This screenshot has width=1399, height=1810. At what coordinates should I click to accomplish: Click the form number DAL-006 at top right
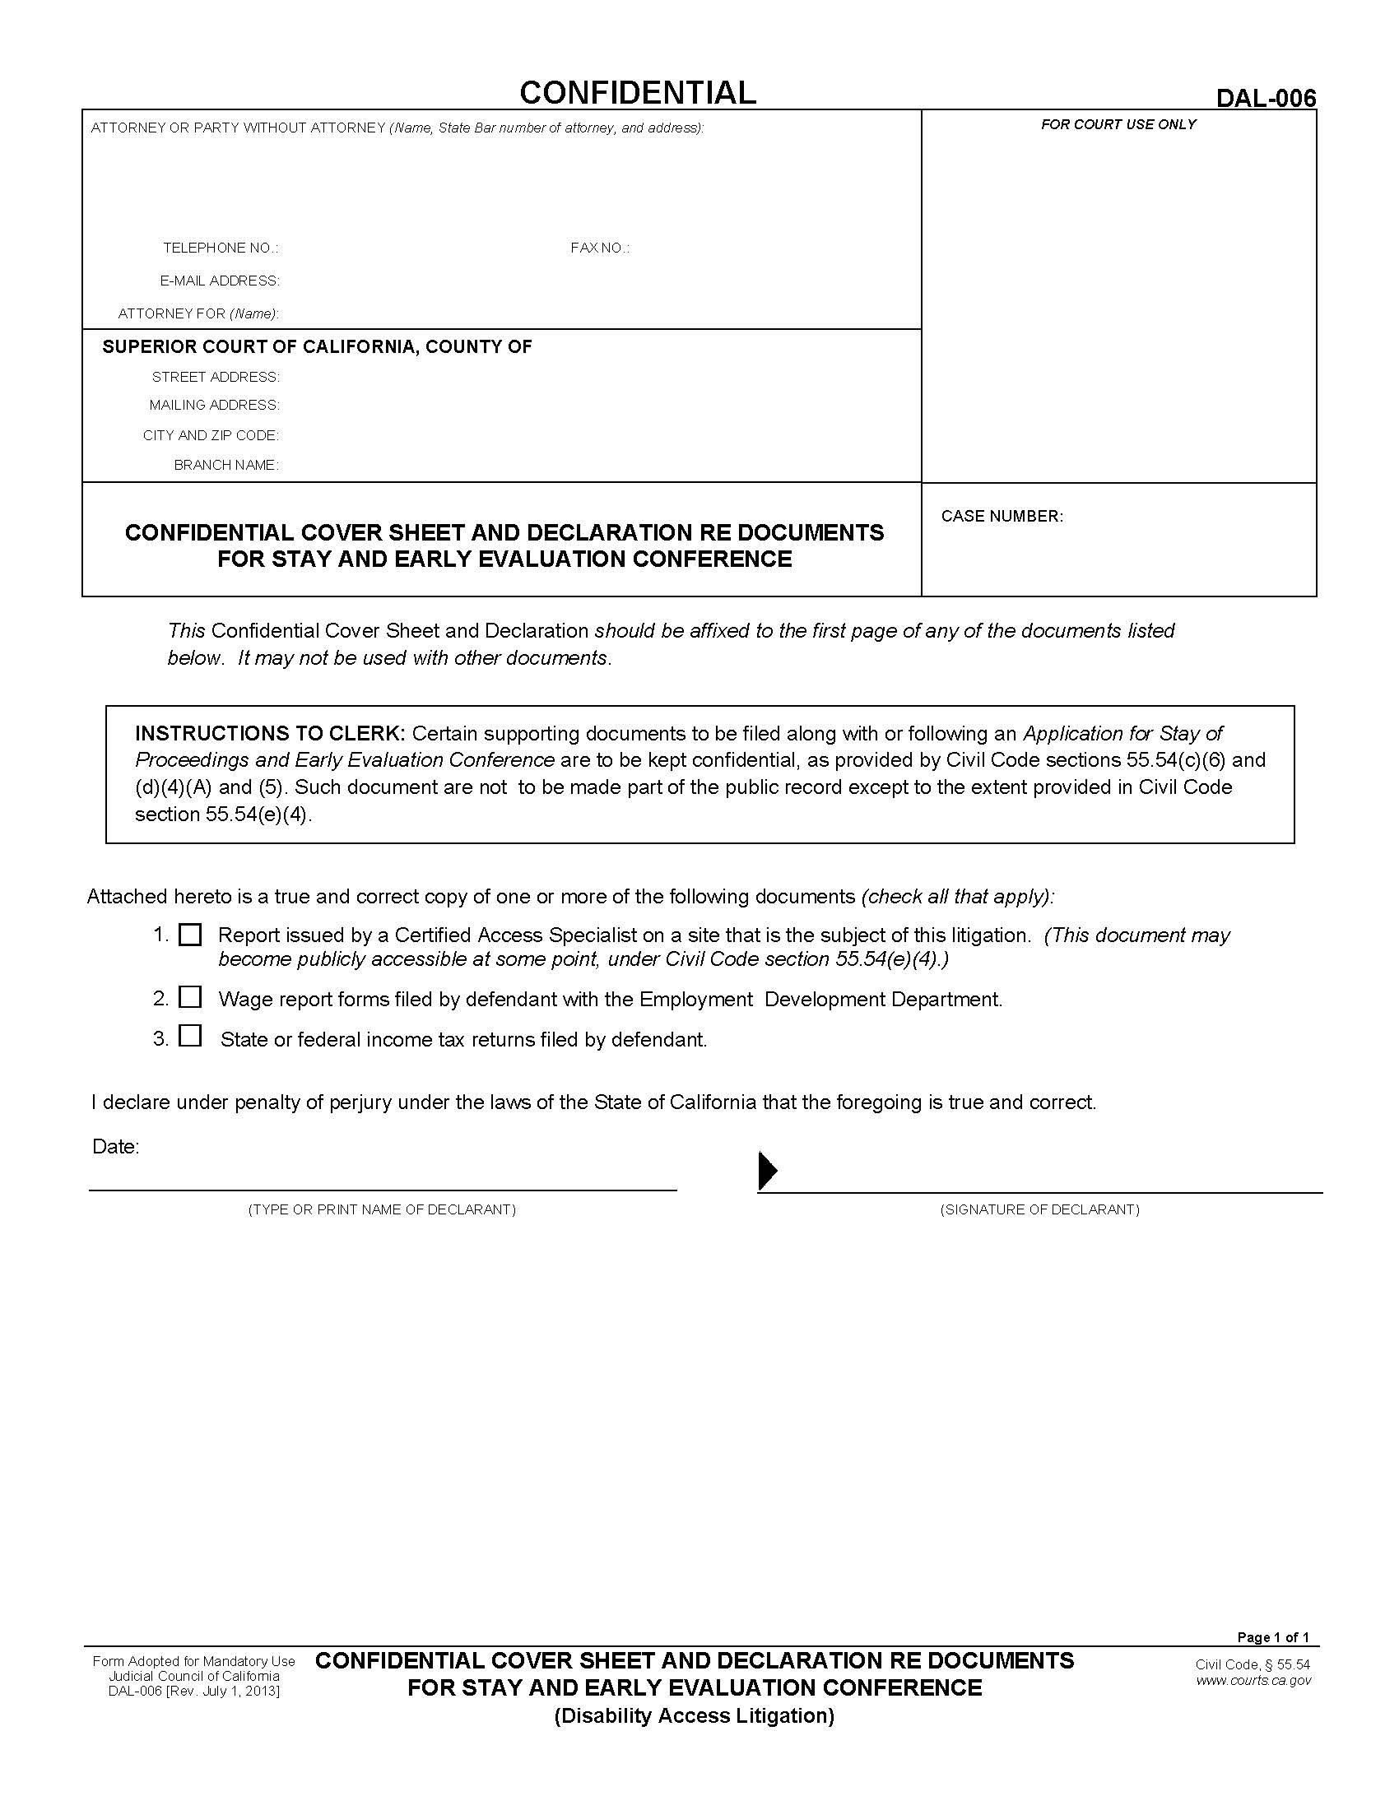(1265, 99)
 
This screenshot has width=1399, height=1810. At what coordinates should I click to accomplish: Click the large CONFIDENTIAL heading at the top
(637, 92)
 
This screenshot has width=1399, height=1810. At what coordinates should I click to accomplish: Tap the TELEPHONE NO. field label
(221, 248)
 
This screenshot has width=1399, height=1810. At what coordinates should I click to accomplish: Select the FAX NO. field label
(599, 248)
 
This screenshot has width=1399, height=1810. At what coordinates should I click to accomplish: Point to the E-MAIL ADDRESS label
(220, 281)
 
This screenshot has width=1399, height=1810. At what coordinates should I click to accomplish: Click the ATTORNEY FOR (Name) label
(198, 313)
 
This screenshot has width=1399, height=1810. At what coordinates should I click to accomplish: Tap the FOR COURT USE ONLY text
(1118, 124)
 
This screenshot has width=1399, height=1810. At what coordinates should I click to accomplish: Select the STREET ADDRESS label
(216, 377)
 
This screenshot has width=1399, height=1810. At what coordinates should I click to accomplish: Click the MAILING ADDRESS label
(214, 406)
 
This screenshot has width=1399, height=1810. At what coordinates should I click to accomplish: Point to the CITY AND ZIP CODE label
(211, 435)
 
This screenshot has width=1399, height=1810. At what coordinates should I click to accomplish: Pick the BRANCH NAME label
(226, 465)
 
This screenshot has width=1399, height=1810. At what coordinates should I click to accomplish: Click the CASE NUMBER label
(1002, 517)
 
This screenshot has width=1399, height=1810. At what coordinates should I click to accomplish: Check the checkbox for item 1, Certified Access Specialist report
(191, 935)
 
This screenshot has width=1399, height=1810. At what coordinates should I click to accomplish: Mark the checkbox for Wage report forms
(191, 997)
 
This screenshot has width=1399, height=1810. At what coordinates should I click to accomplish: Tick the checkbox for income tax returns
(191, 1036)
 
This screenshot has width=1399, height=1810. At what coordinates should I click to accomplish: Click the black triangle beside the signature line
(768, 1171)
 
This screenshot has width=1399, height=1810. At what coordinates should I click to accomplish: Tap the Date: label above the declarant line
(115, 1146)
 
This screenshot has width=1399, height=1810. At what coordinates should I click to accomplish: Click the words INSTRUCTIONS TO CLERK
(269, 733)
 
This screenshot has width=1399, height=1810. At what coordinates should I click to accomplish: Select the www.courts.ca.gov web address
(1253, 1681)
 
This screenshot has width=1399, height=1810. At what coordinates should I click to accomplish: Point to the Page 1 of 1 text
(1272, 1636)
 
